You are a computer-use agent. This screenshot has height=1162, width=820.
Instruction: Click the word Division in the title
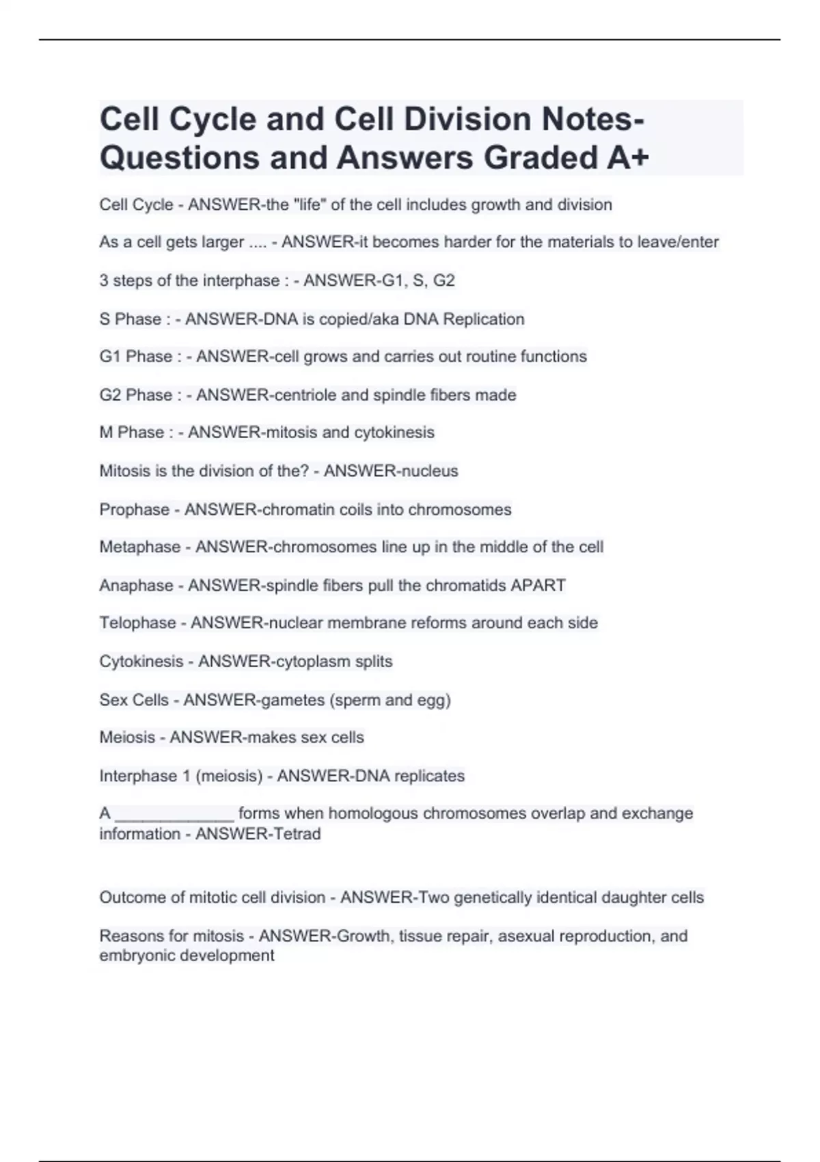point(465,120)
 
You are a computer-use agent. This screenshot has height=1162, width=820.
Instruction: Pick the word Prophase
point(134,510)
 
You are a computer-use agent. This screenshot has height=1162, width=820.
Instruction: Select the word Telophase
point(137,623)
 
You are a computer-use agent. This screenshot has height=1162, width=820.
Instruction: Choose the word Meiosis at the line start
point(127,738)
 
